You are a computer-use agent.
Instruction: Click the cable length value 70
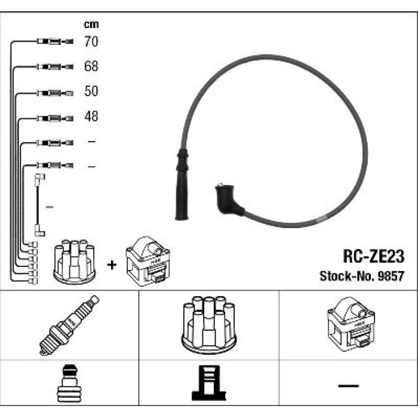click(91, 42)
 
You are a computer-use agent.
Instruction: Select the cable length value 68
click(91, 66)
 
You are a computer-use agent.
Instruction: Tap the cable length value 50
click(91, 91)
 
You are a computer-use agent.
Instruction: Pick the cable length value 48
click(91, 116)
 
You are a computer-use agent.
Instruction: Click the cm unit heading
click(91, 24)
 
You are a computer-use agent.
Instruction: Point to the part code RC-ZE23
click(373, 256)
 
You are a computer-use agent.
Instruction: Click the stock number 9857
click(391, 276)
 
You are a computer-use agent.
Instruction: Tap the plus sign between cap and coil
click(112, 265)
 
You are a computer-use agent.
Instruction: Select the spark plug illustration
click(69, 325)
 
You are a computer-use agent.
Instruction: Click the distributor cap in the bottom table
click(209, 325)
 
